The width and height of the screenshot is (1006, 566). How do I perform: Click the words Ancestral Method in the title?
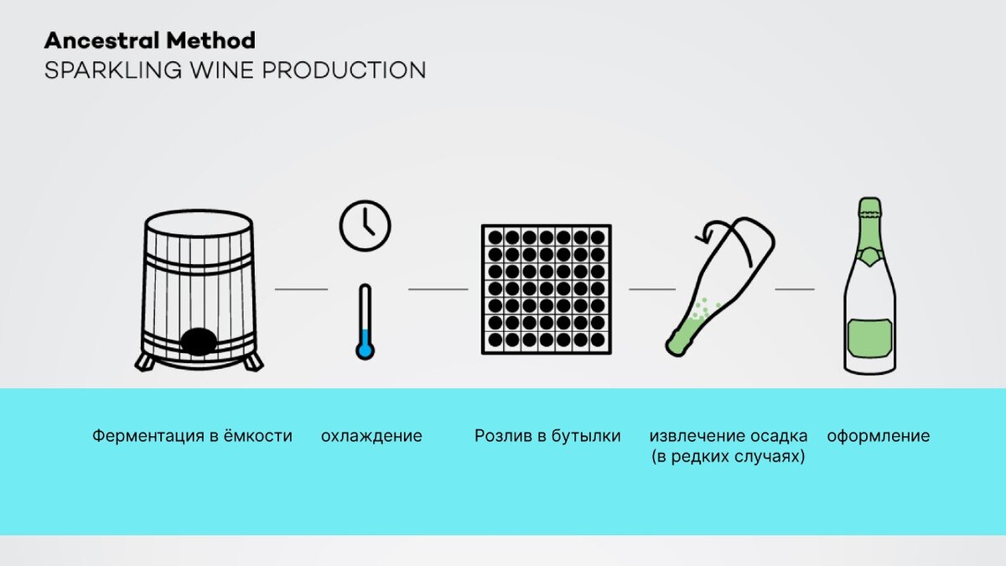pyautogui.click(x=149, y=40)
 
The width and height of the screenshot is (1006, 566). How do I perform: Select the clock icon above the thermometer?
pyautogui.click(x=365, y=224)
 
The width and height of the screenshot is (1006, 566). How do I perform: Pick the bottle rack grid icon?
pyautogui.click(x=546, y=288)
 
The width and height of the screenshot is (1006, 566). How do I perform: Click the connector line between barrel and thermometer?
pyautogui.click(x=301, y=289)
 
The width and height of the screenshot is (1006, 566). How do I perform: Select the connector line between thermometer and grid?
pyautogui.click(x=438, y=289)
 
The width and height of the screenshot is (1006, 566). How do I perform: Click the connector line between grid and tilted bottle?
pyautogui.click(x=651, y=289)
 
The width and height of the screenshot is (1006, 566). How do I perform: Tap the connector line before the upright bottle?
pyautogui.click(x=794, y=289)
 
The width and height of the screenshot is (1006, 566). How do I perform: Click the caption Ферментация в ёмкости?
pyautogui.click(x=192, y=436)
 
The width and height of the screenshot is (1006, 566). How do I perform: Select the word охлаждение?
pyautogui.click(x=371, y=436)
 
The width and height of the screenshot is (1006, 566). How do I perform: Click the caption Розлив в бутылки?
pyautogui.click(x=547, y=436)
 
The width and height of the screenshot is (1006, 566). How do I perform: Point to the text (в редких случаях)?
pyautogui.click(x=728, y=458)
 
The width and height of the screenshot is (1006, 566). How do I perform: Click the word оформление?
pyautogui.click(x=878, y=436)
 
